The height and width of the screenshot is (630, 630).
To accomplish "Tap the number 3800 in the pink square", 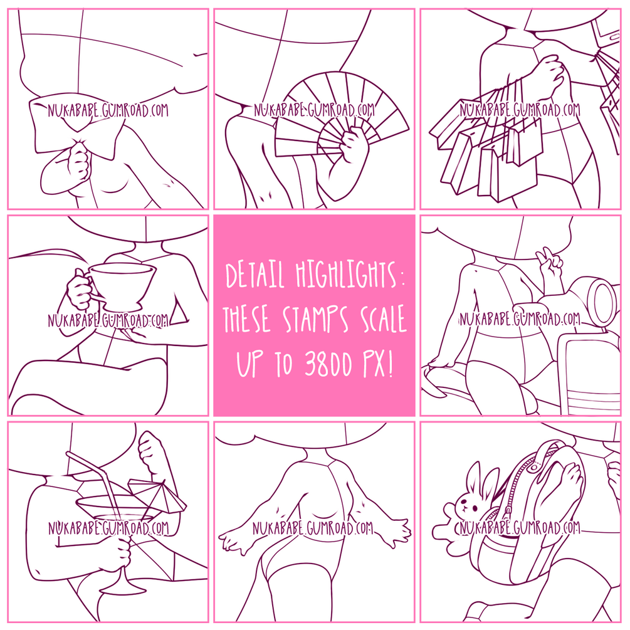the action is pyautogui.click(x=328, y=364).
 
